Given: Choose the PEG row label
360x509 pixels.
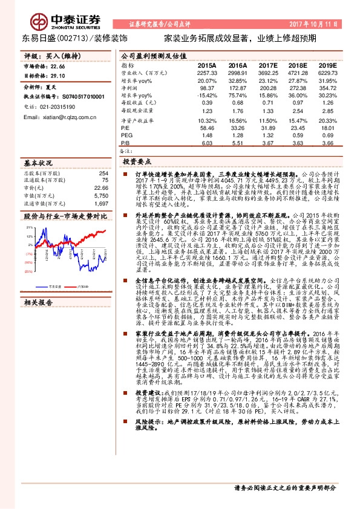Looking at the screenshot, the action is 126,135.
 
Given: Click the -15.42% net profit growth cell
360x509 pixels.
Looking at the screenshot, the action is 206,96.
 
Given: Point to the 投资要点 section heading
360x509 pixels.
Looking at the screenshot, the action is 137,163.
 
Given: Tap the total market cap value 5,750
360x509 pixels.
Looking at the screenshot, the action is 100,196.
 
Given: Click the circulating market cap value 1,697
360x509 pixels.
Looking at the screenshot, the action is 100,204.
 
